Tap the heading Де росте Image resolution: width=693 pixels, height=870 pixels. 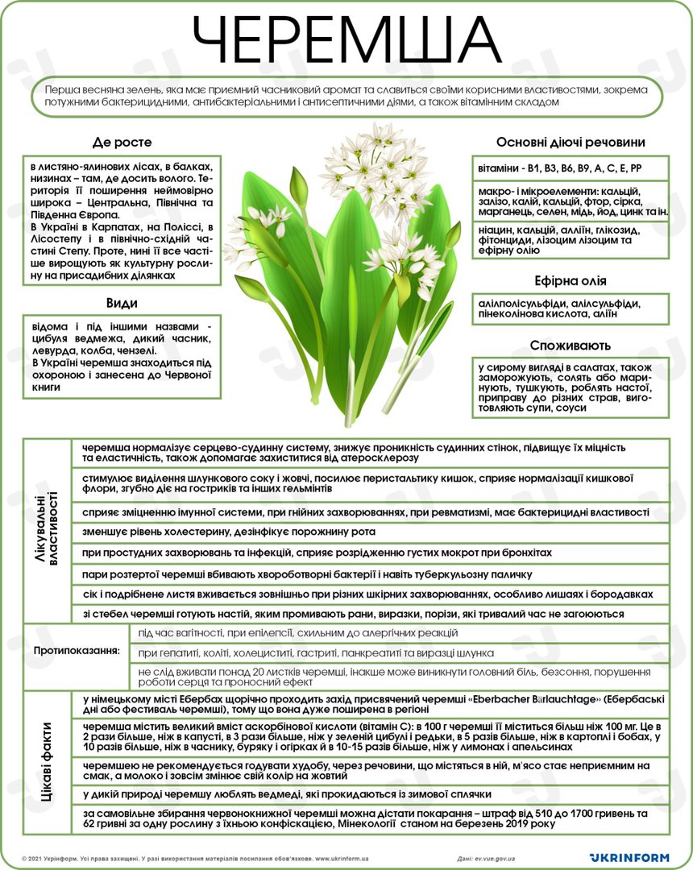pos(122,143)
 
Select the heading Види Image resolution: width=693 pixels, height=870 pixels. pos(122,303)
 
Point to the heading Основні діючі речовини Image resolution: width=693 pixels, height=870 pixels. pos(571,143)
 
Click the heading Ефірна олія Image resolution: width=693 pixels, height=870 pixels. pos(571,281)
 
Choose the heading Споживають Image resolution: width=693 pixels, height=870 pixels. pos(571,345)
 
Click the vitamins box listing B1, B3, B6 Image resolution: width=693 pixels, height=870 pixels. pos(571,168)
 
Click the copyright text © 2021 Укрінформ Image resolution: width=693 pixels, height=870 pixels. pos(48,859)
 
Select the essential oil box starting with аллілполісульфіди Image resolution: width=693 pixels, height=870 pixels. pos(571,309)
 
